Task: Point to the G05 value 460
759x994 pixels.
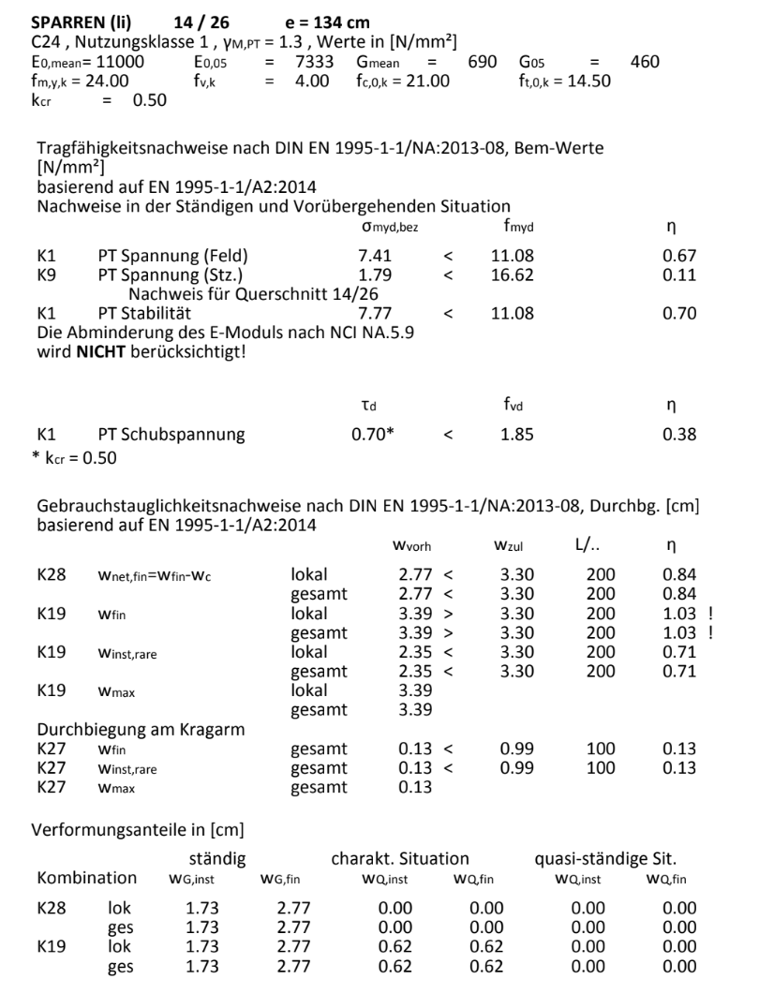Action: [644, 62]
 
